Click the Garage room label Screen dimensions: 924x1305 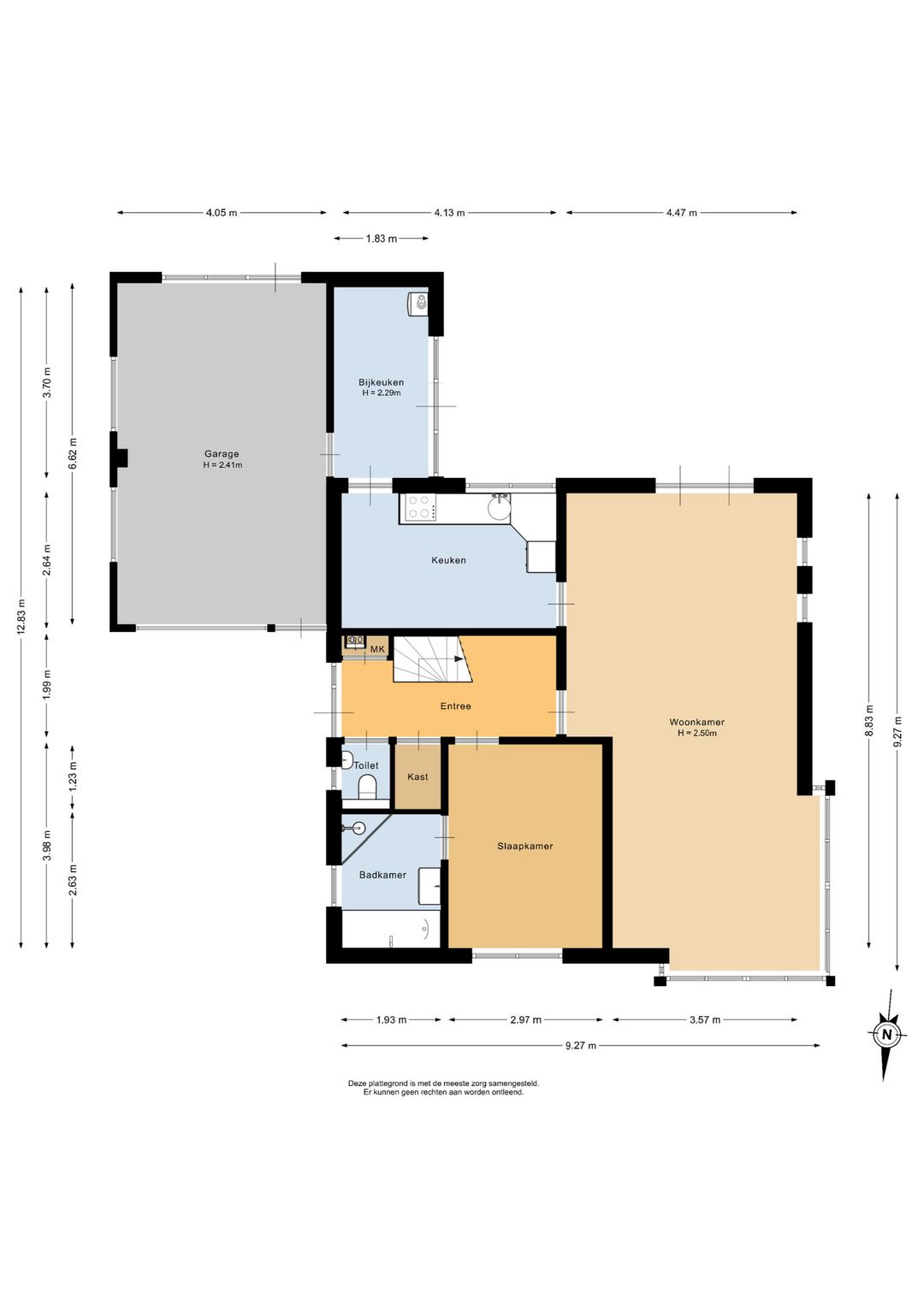[222, 454]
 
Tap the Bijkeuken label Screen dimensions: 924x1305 [382, 382]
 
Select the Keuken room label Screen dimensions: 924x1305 [448, 560]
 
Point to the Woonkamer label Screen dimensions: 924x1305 [696, 722]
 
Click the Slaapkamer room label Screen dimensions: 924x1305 [524, 846]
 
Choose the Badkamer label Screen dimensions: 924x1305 [382, 875]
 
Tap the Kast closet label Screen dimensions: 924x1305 [418, 776]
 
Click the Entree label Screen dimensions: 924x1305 [455, 706]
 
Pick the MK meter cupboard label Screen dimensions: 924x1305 [378, 649]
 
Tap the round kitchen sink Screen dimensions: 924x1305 [499, 507]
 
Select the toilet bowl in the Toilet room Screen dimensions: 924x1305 [368, 787]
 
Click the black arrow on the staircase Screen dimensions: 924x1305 [459, 658]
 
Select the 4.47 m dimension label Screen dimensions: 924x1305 [682, 213]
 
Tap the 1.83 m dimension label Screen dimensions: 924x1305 [382, 239]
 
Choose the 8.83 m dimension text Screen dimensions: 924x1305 [869, 721]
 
